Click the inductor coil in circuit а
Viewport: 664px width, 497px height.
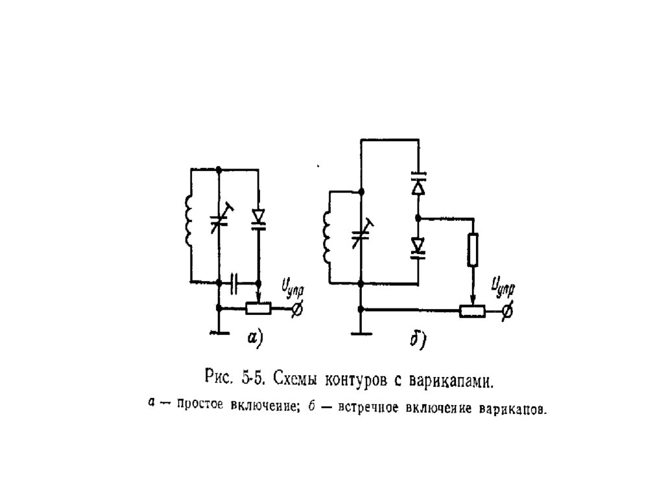pos(189,222)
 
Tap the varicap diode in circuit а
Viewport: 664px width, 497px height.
pos(259,218)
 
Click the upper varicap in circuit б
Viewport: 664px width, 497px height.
pos(418,183)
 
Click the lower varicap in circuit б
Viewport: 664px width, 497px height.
pos(418,247)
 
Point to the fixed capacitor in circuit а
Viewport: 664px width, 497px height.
pos(234,283)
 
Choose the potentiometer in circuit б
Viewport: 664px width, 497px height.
pos(473,311)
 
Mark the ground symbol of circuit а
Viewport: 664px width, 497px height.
pos(219,332)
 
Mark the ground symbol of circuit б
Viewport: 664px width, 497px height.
pos(361,334)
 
